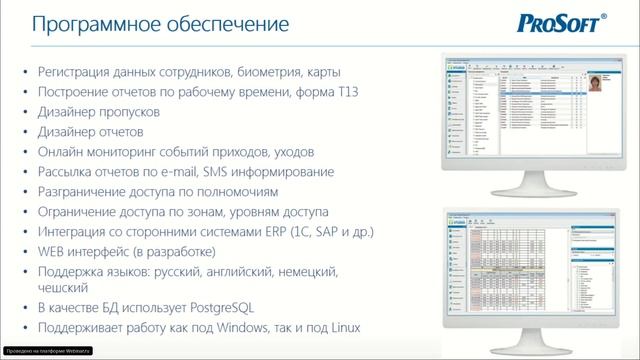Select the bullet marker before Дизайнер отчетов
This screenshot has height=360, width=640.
25,131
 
